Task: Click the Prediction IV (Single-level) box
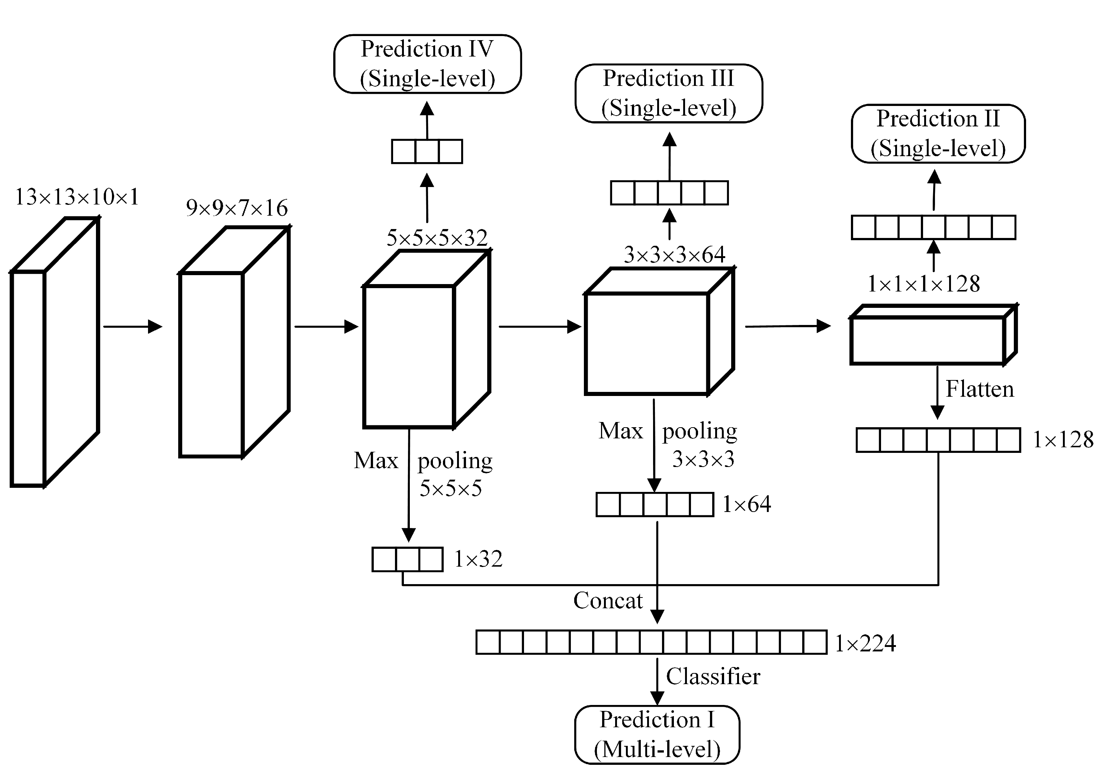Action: [x=427, y=64]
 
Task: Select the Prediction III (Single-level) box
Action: [x=668, y=93]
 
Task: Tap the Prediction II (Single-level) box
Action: [x=938, y=134]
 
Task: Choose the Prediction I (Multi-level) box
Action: [x=657, y=735]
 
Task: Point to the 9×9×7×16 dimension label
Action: [x=237, y=208]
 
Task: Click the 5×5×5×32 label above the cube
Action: [x=437, y=238]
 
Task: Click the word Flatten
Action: [x=979, y=389]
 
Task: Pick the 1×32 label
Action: [x=478, y=560]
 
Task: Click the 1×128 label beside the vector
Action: [x=1063, y=440]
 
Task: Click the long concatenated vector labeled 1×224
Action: [x=651, y=642]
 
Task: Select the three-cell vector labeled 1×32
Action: [x=407, y=560]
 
